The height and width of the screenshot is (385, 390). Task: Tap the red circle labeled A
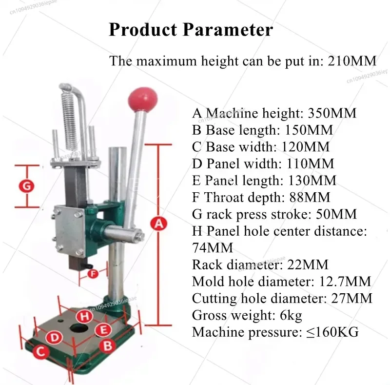pos(158,223)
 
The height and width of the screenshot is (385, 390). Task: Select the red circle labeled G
pos(27,186)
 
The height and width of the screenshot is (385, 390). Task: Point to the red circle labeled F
pos(93,274)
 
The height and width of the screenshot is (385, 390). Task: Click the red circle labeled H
pos(85,317)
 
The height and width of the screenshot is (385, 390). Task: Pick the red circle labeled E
pos(103,330)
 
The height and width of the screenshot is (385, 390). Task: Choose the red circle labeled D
pos(54,338)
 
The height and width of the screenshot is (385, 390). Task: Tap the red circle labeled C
pos(41,352)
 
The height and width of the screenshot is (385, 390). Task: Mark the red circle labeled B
pos(107,346)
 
